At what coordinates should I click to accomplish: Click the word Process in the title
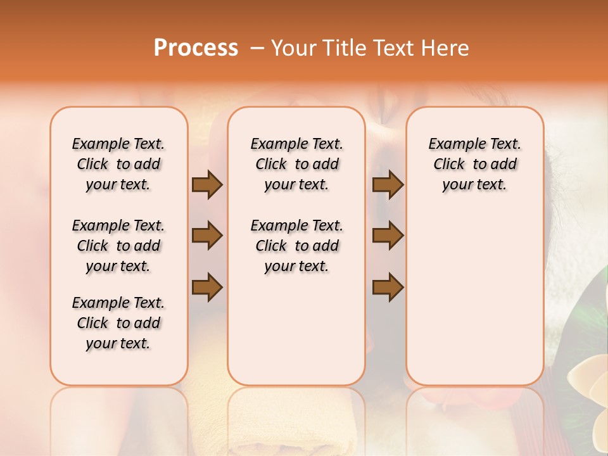(196, 48)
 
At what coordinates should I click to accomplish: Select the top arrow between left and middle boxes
(207, 184)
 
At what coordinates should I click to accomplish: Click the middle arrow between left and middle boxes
(207, 236)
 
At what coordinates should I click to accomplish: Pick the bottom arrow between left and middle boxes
(207, 287)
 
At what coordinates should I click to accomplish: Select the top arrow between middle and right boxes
(388, 184)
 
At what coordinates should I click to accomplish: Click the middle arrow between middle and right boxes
(388, 236)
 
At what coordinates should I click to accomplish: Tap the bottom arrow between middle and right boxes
(388, 287)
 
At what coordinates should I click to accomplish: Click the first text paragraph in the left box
(118, 164)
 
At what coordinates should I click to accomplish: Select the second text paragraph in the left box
(118, 246)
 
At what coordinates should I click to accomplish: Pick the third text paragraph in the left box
(118, 323)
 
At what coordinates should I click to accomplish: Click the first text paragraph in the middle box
(296, 164)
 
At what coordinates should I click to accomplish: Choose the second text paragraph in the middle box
(296, 246)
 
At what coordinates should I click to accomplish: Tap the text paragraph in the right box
(474, 164)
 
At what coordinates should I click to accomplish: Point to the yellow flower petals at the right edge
(592, 405)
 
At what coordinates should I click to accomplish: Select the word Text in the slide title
(391, 48)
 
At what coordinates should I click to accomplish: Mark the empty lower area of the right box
(474, 304)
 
